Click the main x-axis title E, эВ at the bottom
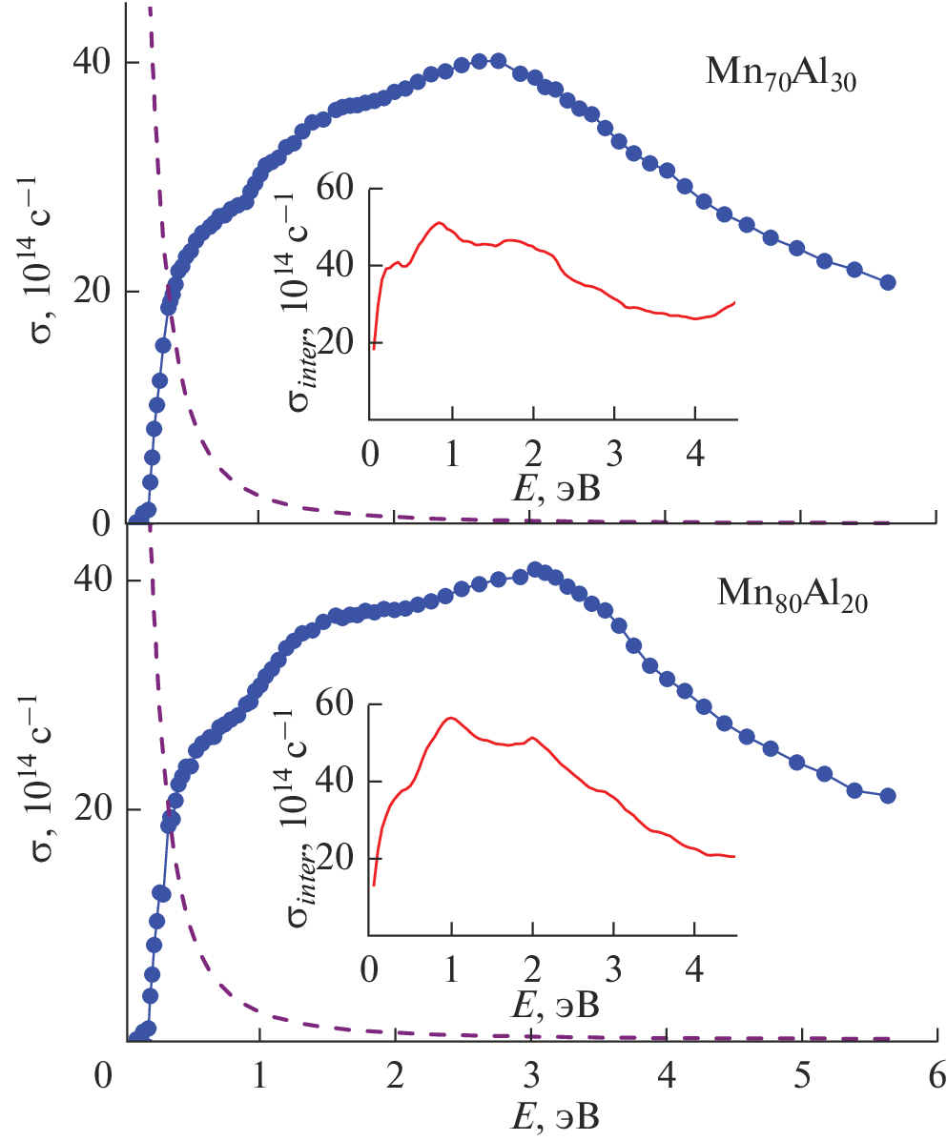click(x=531, y=1115)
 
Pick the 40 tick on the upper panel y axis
click(x=92, y=63)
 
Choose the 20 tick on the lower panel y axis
click(x=92, y=810)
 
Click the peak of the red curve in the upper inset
click(x=439, y=223)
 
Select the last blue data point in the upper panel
click(x=888, y=282)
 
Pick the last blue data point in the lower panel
click(x=888, y=796)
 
